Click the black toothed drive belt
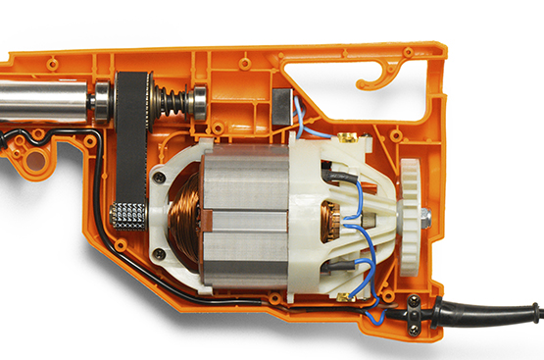coord(128,147)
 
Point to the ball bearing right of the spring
coord(198,101)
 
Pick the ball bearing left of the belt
coord(101,100)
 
